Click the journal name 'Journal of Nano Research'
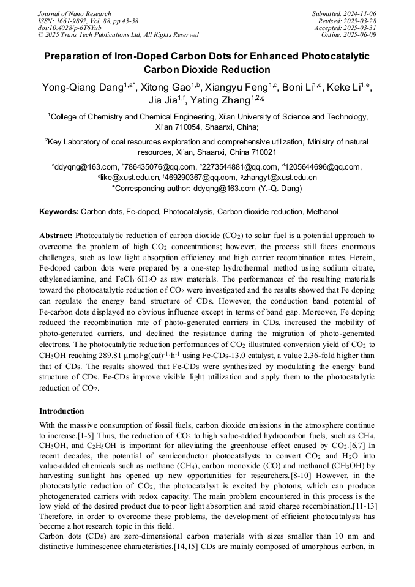(75, 13)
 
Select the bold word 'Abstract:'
(56, 235)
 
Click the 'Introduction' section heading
(62, 411)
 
